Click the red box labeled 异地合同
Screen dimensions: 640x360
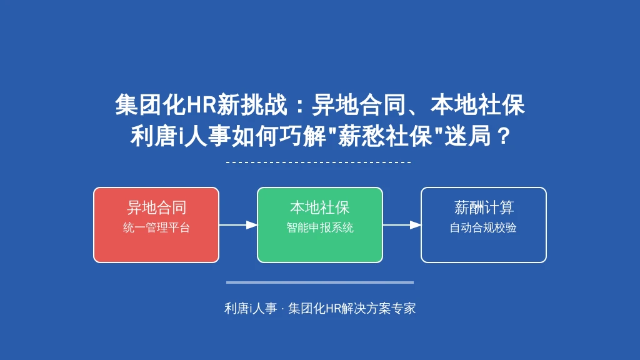156,225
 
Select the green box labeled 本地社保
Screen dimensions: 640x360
320,225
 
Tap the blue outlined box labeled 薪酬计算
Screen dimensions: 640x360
484,225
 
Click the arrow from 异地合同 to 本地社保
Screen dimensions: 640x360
238,225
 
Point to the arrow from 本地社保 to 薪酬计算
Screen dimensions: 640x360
402,225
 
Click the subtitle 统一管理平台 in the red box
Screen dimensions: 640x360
156,227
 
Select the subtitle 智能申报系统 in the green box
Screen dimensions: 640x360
320,227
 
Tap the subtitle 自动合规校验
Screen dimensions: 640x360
483,227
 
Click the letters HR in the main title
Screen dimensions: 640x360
201,105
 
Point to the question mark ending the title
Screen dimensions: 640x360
504,136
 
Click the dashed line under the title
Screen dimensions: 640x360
318,162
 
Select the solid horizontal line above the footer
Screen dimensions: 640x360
320,282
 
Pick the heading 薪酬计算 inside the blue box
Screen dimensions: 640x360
484,207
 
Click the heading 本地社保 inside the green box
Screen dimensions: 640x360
320,207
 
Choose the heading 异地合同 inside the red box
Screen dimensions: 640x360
156,207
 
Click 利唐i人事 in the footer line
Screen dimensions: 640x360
251,308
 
